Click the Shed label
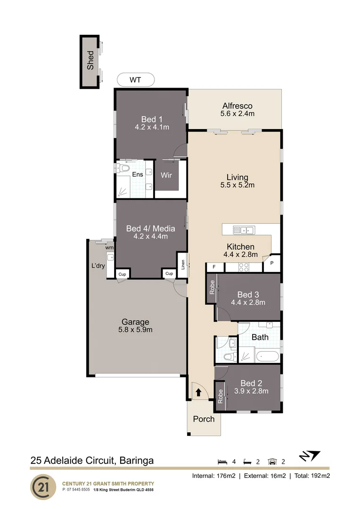click(x=90, y=61)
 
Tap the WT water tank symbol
click(x=135, y=80)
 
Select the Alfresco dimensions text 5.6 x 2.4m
click(x=237, y=114)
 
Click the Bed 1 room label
click(x=152, y=119)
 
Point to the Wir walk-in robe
click(x=166, y=175)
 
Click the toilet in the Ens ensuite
click(x=124, y=168)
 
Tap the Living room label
click(x=237, y=177)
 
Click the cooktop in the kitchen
click(x=245, y=267)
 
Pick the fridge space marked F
click(x=214, y=267)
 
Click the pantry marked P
click(x=272, y=263)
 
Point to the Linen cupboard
click(x=182, y=262)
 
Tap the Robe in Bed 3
click(x=212, y=288)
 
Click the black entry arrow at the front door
click(x=199, y=391)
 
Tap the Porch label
click(x=204, y=419)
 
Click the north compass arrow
click(x=310, y=456)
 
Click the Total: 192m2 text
click(x=311, y=476)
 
